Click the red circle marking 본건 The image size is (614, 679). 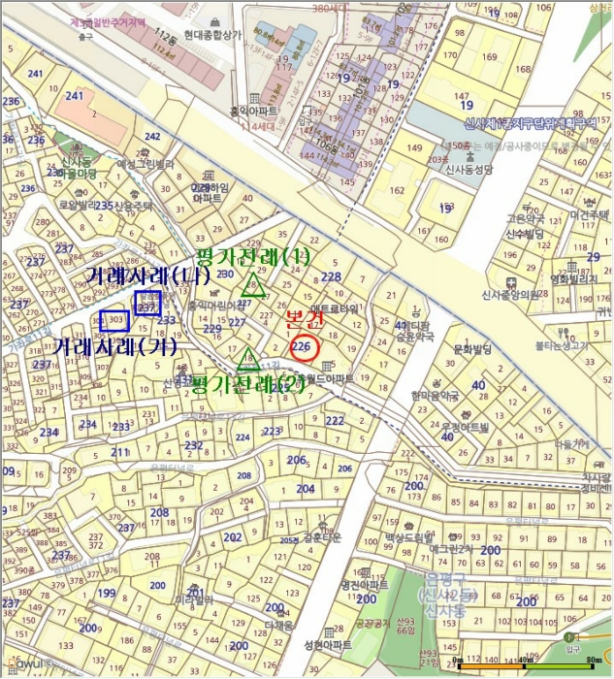click(303, 346)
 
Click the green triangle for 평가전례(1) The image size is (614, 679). click(253, 284)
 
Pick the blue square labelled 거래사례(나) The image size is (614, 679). click(147, 305)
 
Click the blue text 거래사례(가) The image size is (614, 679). click(114, 345)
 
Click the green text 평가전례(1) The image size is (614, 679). click(251, 257)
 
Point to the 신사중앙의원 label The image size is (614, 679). click(511, 295)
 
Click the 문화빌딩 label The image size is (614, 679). click(474, 346)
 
